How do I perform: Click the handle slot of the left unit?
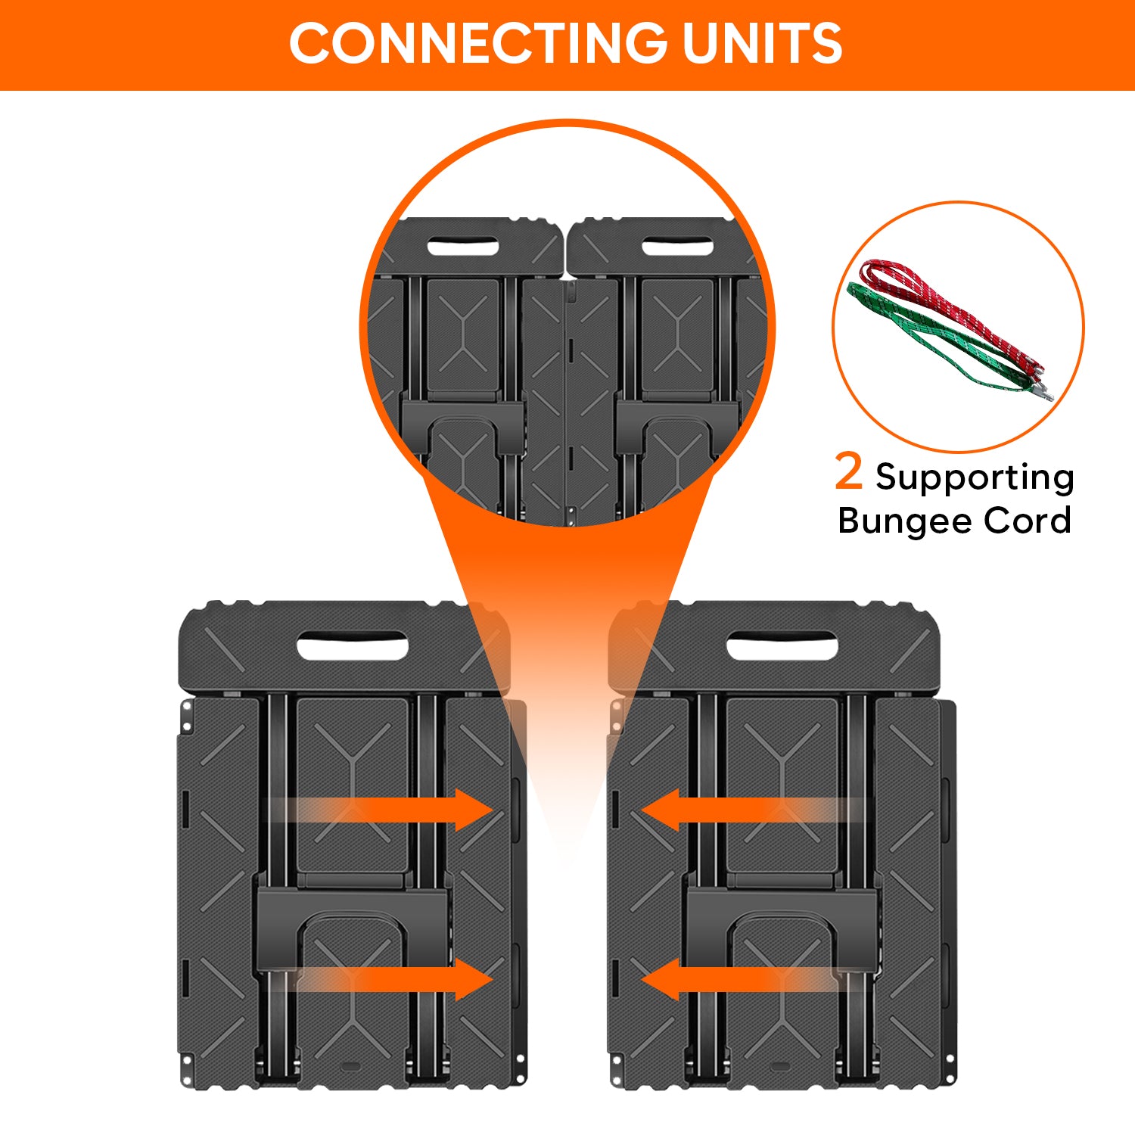(352, 647)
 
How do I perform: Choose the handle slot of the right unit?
(782, 647)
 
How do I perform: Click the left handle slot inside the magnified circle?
(462, 247)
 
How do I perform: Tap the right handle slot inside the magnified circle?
(677, 247)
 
